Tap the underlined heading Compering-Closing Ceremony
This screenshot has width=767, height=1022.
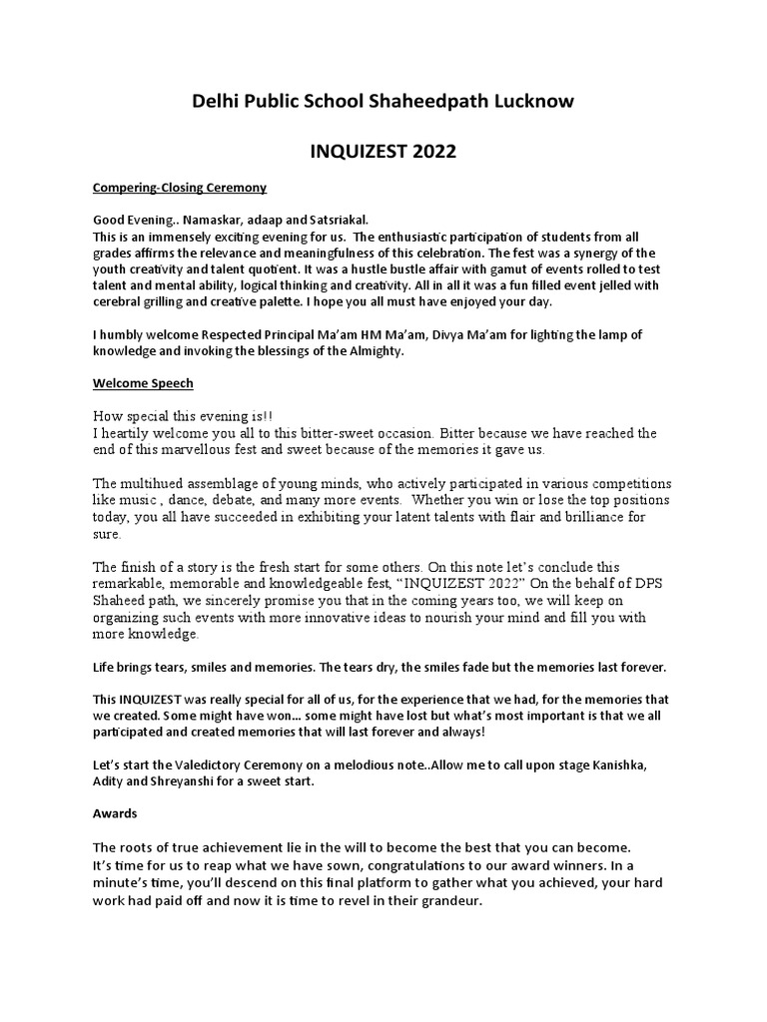pyautogui.click(x=180, y=187)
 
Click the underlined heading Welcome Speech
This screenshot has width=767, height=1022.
pyautogui.click(x=143, y=382)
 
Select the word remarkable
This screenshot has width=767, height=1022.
pyautogui.click(x=130, y=585)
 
